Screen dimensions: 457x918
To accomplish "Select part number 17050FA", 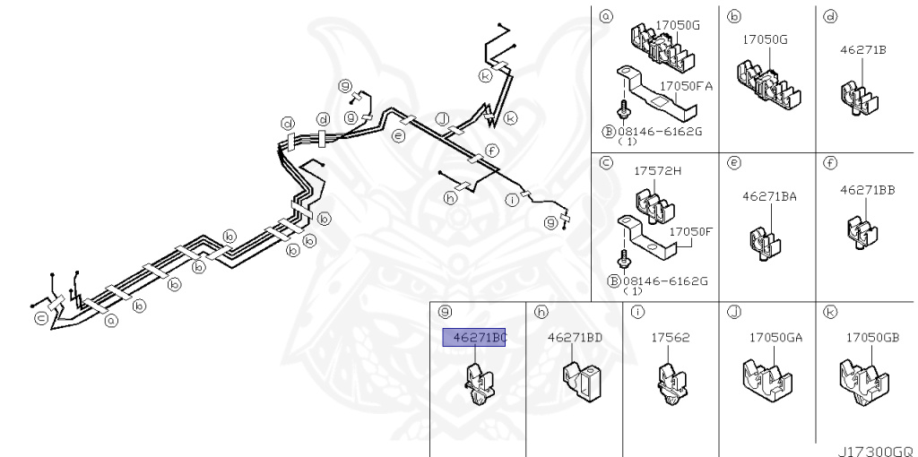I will point(686,86).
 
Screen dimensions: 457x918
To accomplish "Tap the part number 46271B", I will point(863,50).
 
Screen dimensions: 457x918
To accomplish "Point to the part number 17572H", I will point(658,171).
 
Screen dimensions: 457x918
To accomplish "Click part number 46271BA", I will point(769,195).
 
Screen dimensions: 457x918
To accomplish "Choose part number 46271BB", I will point(867,190).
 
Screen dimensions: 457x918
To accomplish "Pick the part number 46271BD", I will point(575,338).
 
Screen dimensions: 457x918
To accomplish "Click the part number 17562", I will point(670,338).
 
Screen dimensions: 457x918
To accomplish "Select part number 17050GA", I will point(775,338).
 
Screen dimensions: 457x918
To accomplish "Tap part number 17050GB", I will point(872,338).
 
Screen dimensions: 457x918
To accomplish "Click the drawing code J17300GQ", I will point(874,451).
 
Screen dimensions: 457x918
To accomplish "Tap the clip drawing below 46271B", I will point(856,97).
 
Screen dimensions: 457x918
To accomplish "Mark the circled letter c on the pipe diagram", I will point(40,317).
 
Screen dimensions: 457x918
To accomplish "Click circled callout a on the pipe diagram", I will point(111,319).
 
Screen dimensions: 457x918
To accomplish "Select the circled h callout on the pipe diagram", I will point(450,199).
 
